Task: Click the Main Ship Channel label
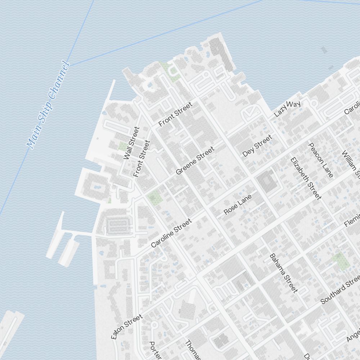click(x=48, y=105)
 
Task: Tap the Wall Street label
click(x=131, y=143)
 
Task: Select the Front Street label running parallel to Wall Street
click(x=141, y=158)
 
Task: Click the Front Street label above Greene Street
click(x=175, y=114)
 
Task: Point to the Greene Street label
click(x=195, y=161)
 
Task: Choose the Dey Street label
click(x=257, y=146)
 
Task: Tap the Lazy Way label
click(x=287, y=109)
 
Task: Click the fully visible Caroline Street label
click(x=171, y=234)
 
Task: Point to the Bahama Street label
click(x=284, y=273)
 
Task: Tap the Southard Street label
click(x=340, y=289)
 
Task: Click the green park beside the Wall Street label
click(x=123, y=147)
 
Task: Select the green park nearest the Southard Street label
click(x=341, y=261)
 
